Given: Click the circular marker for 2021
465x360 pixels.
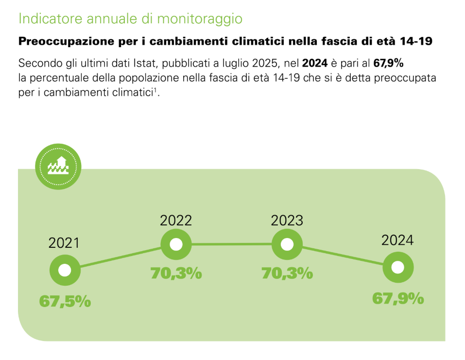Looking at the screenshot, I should (65, 270).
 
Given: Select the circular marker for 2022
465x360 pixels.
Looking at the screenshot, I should (176, 244).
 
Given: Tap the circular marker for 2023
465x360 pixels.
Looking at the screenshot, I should (287, 244).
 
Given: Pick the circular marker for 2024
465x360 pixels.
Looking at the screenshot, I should (398, 267).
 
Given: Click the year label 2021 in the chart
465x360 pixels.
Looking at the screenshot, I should (64, 243).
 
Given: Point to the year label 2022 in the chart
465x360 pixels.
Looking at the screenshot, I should (176, 220).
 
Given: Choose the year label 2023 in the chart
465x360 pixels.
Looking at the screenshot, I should (287, 220).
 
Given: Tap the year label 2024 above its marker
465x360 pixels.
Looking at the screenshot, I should (397, 240).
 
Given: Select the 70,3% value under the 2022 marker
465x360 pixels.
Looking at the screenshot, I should (176, 274).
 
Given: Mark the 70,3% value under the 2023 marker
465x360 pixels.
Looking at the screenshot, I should (287, 274).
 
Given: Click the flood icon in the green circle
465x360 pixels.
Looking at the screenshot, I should (58, 167).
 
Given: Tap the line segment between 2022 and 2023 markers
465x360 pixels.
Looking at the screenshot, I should (231, 244).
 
